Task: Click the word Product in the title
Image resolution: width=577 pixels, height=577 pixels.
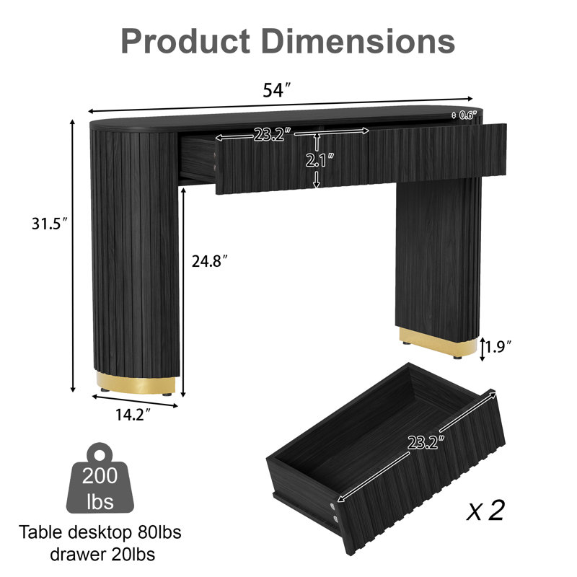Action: point(185,42)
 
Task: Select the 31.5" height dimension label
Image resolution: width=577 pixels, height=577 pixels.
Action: point(50,224)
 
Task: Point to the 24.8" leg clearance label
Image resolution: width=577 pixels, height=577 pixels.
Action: point(210,261)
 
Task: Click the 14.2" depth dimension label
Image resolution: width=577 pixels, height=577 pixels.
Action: point(133,415)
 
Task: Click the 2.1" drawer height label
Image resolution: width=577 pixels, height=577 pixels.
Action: point(320,160)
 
